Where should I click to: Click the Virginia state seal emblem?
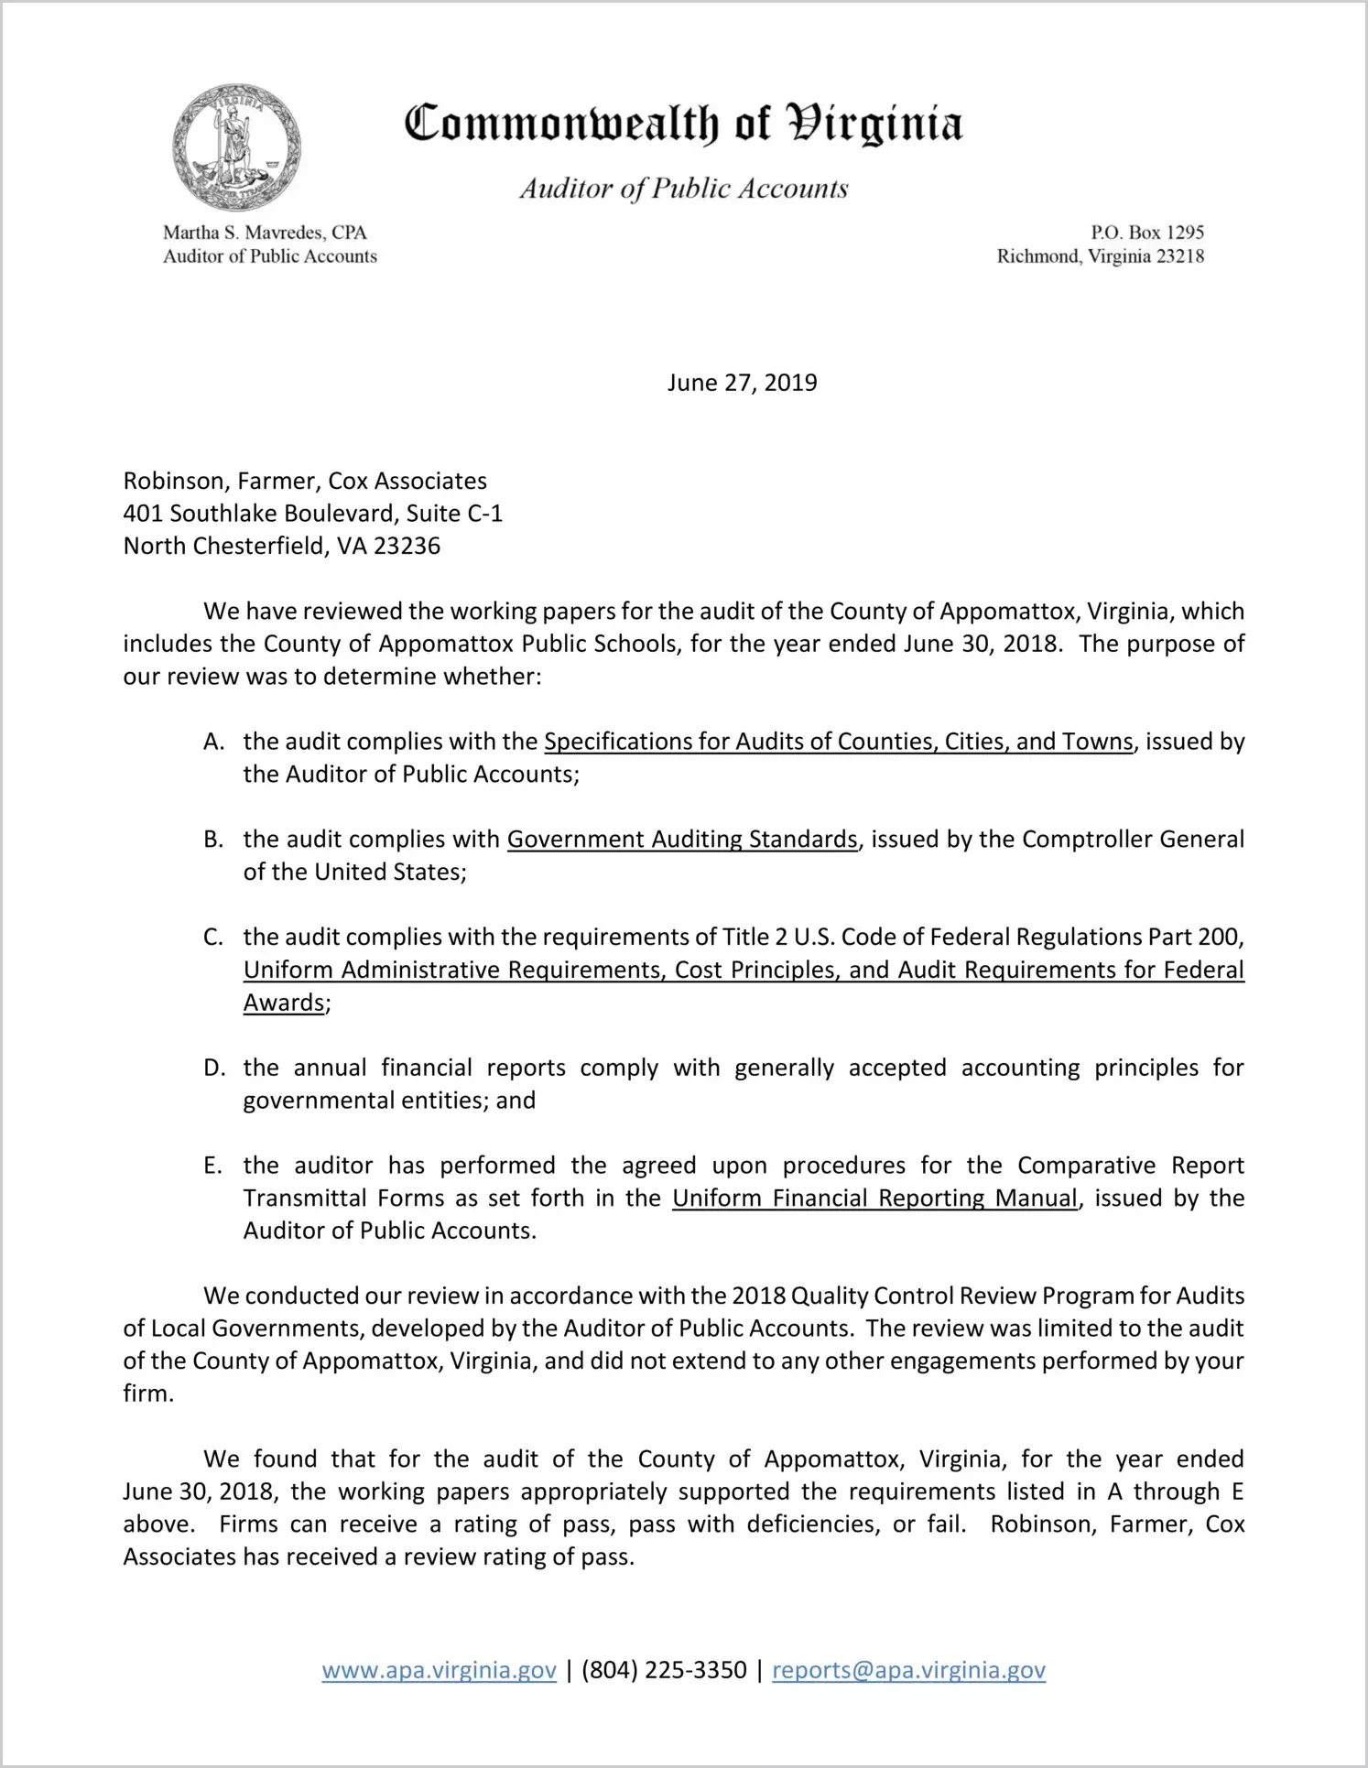[236, 147]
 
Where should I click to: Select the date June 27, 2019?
[742, 383]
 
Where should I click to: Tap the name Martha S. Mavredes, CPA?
[265, 233]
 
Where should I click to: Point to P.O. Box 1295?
[1146, 233]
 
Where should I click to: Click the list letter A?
[213, 742]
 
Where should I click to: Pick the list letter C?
[213, 938]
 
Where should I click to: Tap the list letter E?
[212, 1166]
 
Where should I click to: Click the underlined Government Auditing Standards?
[682, 840]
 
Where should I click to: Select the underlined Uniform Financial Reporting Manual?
[874, 1199]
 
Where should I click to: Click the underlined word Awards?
[284, 1003]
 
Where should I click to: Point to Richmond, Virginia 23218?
[1100, 256]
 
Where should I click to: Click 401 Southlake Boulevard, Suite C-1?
[313, 514]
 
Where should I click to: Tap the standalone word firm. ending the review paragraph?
[148, 1394]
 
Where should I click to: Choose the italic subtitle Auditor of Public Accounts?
[684, 189]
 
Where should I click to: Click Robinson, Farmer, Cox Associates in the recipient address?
[305, 482]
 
